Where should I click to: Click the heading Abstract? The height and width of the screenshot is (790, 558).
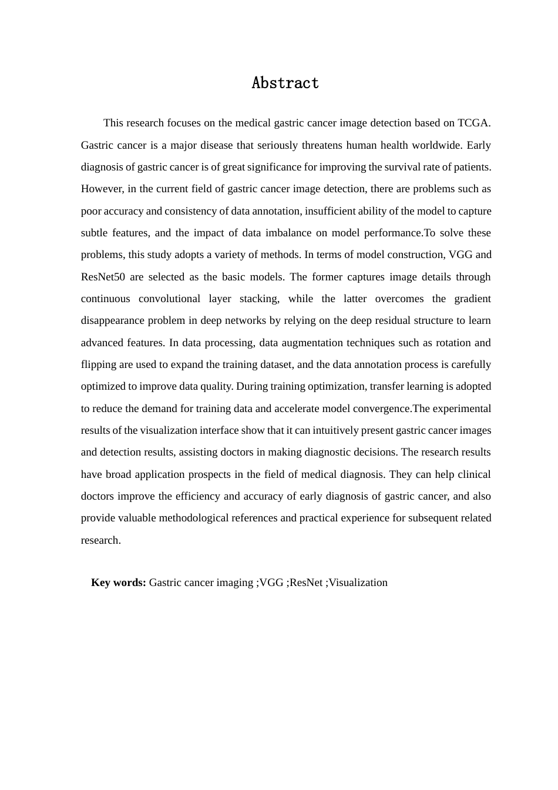(x=285, y=83)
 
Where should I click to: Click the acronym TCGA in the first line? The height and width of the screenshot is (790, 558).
(x=473, y=123)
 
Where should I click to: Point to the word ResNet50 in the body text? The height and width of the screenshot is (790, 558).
(x=103, y=277)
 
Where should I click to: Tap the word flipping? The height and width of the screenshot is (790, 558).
(x=98, y=364)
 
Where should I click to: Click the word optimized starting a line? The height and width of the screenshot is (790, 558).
(x=103, y=386)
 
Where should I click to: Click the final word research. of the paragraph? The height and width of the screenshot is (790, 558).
(x=100, y=540)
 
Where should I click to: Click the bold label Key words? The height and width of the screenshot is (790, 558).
(x=118, y=583)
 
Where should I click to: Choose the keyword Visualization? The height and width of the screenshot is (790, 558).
(x=358, y=583)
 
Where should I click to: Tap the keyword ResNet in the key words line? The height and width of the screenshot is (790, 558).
(x=306, y=583)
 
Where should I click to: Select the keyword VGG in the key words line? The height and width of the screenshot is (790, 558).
(x=271, y=583)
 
